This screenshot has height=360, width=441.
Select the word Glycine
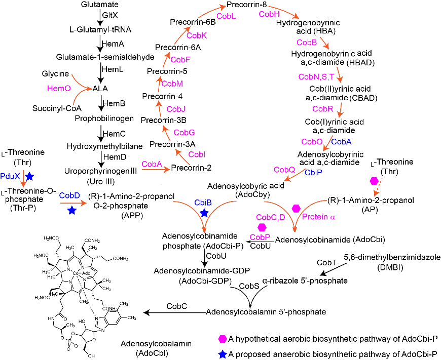point(55,74)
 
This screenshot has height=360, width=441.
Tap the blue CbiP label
point(313,172)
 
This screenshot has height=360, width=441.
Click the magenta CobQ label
point(284,170)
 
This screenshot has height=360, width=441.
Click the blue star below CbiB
point(204,214)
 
